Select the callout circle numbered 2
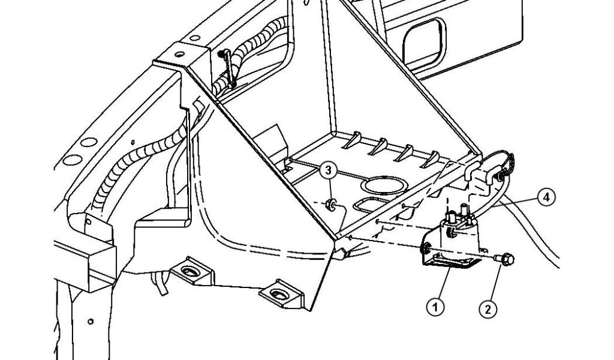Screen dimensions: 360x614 (487, 308)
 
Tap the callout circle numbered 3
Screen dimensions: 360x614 (328, 170)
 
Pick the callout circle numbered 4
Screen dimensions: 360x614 (545, 196)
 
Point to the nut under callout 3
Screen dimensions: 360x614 (330, 206)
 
